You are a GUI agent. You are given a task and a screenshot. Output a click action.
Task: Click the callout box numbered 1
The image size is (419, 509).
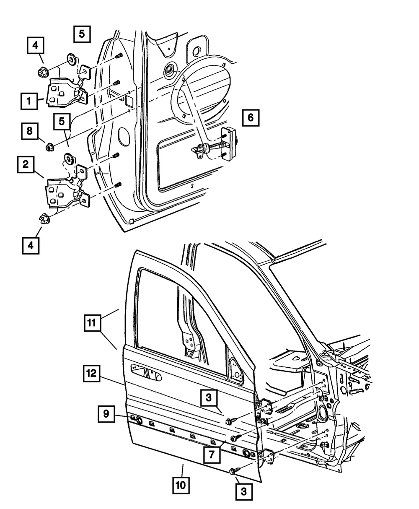(29, 101)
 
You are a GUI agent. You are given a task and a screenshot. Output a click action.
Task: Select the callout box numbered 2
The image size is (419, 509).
(26, 164)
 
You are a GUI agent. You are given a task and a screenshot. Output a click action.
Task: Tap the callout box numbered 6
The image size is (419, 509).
(251, 118)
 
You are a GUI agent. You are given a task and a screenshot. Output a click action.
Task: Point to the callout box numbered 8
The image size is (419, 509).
(29, 131)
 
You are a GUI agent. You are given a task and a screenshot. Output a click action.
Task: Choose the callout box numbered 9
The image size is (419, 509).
(106, 414)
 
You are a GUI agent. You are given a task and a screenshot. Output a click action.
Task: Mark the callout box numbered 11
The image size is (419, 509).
(92, 323)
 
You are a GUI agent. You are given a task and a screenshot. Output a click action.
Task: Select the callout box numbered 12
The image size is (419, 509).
(91, 373)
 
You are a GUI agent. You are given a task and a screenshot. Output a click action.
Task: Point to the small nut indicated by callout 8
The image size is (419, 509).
(50, 147)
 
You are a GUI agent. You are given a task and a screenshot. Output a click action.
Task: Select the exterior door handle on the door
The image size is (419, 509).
(146, 373)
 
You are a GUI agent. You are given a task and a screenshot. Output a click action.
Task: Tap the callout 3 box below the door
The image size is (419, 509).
(244, 491)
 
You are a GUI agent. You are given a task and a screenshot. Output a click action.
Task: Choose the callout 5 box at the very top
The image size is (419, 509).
(82, 34)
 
